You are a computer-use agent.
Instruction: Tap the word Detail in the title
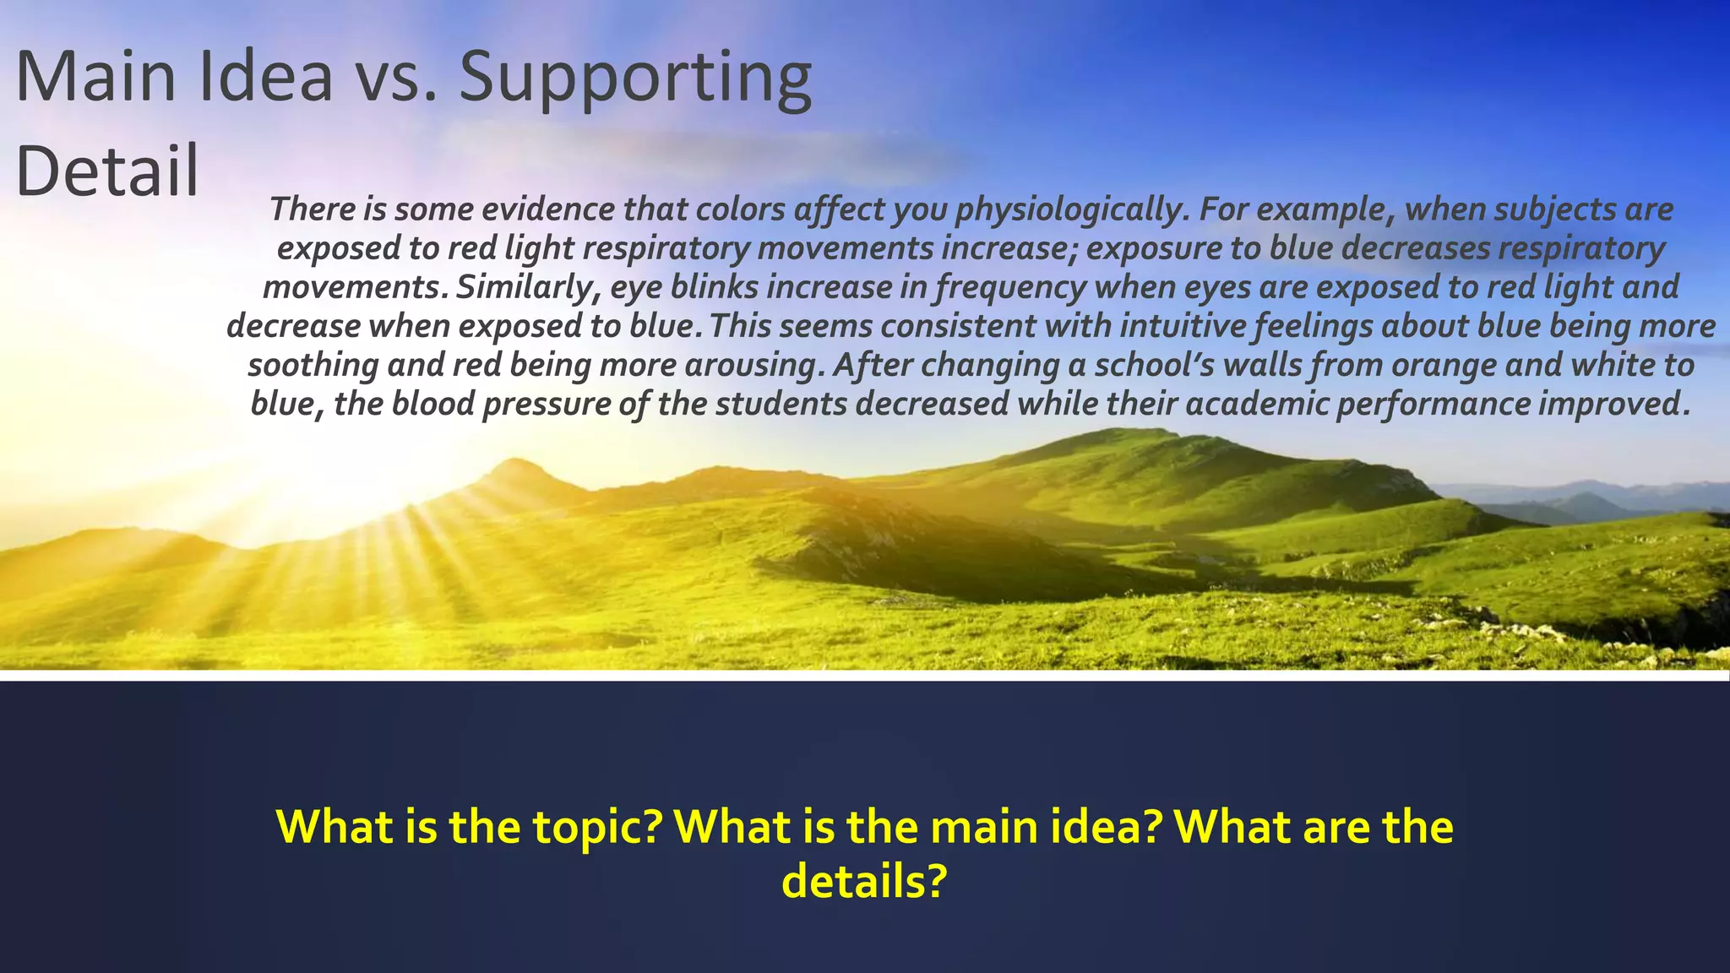pos(107,171)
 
